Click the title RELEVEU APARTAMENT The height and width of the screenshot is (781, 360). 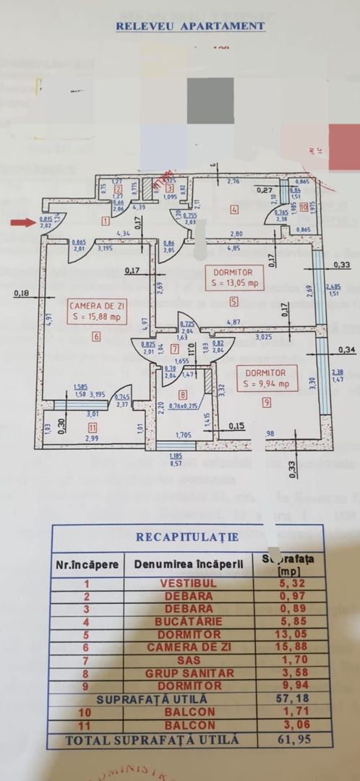coord(190,26)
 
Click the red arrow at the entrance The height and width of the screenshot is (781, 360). coord(23,222)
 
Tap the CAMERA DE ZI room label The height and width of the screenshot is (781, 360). coord(95,305)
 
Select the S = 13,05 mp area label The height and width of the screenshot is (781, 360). coord(234,284)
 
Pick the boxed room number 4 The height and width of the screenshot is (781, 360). coord(233,210)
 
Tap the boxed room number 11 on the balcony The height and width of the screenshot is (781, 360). coord(93,427)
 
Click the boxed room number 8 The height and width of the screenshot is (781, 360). coord(182,394)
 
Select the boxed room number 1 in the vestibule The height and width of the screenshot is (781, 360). coord(106,221)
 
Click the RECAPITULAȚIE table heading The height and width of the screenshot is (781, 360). coord(187,537)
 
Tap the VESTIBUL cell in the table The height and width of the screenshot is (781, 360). coord(189,583)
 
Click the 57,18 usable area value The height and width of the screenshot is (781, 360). coord(289,699)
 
